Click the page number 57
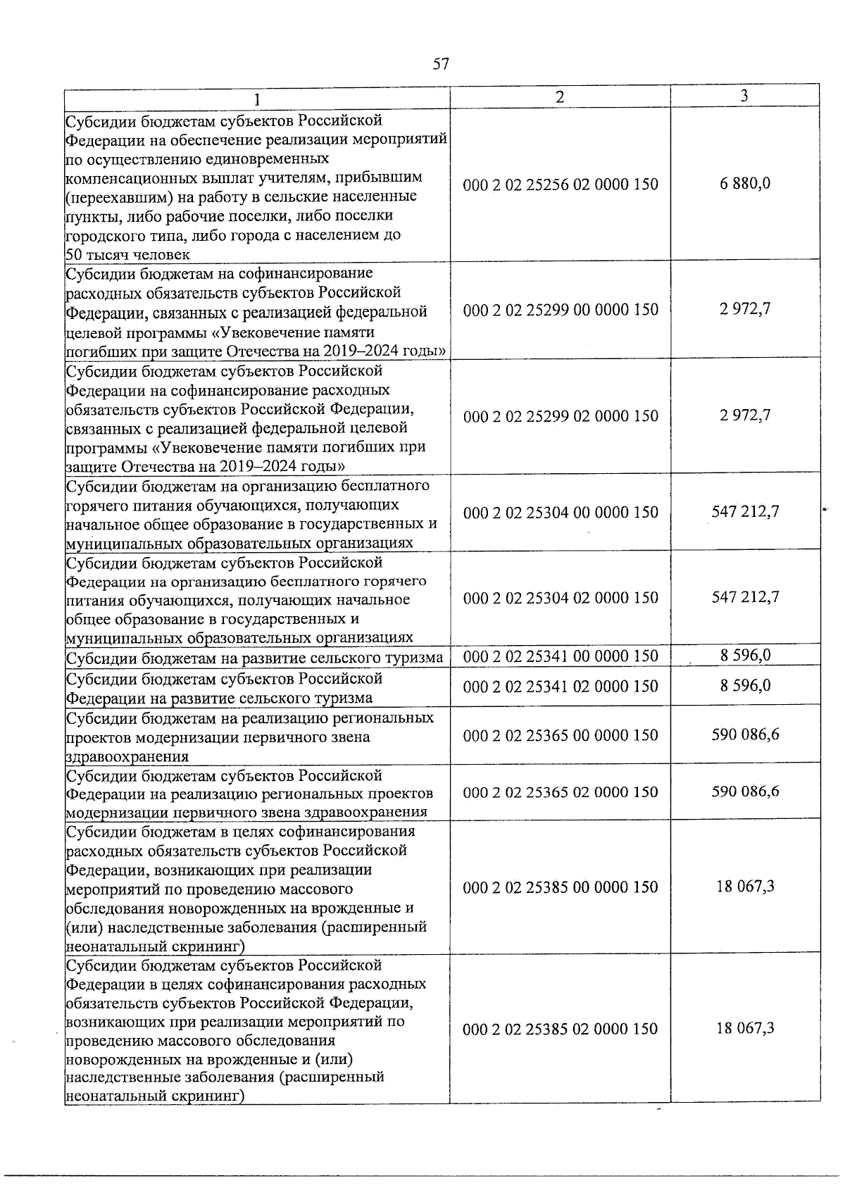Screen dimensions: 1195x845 440,65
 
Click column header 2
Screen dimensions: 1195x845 559,97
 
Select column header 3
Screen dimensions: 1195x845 744,96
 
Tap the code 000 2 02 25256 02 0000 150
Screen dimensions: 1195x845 561,184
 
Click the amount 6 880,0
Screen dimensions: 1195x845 745,184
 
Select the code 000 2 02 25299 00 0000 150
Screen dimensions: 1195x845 561,310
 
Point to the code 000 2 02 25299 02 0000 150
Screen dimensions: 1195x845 561,416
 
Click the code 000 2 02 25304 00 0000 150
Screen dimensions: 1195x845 561,513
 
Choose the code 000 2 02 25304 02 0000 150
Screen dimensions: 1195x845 561,598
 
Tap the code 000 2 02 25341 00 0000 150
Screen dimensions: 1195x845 561,656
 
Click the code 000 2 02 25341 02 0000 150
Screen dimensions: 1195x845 561,687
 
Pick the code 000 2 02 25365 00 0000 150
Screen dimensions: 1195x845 561,735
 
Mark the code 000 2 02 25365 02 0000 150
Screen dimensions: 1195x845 561,792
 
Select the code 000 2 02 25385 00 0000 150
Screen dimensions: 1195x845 561,887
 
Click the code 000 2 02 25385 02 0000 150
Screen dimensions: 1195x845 561,1030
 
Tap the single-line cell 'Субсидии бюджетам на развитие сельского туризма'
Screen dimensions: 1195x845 254,658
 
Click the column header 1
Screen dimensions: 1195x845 257,99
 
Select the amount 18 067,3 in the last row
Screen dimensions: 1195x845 745,1029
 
